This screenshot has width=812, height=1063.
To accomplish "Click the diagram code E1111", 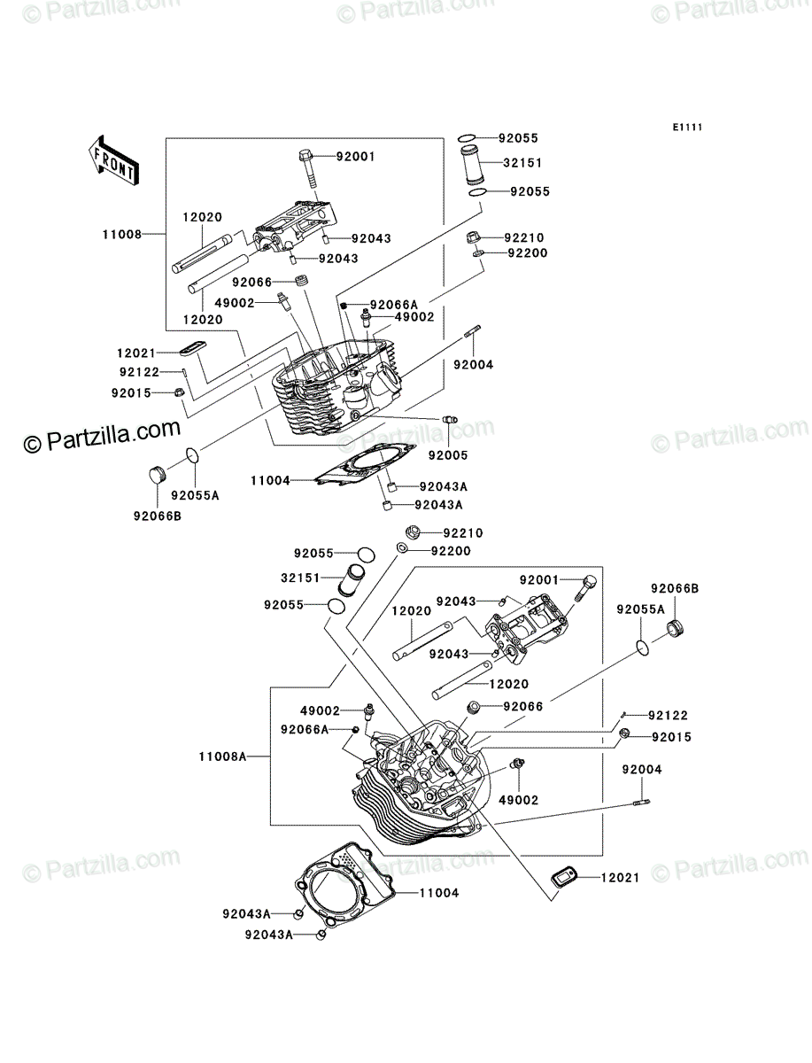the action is [687, 128].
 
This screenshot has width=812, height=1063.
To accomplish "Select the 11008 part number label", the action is [122, 235].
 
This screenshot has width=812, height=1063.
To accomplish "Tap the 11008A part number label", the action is [222, 757].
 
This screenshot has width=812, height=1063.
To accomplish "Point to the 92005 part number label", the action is [448, 455].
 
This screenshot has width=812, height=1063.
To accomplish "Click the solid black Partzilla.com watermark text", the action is [103, 436].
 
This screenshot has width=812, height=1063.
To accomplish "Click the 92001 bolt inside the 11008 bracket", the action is [308, 171].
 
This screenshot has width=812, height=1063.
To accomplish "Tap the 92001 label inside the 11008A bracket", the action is [539, 579].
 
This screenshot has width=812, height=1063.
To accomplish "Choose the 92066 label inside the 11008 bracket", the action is [251, 282].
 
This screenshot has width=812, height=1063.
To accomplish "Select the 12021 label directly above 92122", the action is [136, 353].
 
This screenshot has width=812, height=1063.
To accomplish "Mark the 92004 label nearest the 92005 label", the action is [473, 365].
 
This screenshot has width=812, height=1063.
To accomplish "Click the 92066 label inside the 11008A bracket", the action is [523, 707].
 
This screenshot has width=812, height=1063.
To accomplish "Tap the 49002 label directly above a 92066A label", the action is [320, 711].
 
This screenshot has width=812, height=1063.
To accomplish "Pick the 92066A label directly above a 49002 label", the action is [394, 305].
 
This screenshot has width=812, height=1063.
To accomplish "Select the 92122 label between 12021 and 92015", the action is [139, 372].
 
